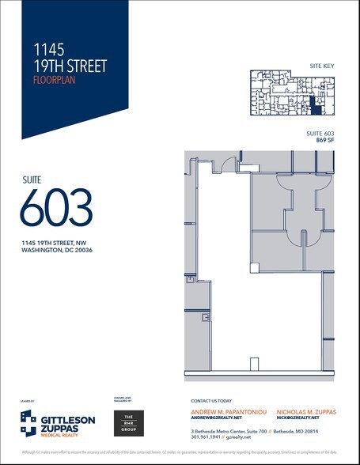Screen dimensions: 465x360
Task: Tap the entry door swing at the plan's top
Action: tap(228, 163)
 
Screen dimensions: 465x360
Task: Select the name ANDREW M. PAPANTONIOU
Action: tap(227, 411)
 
